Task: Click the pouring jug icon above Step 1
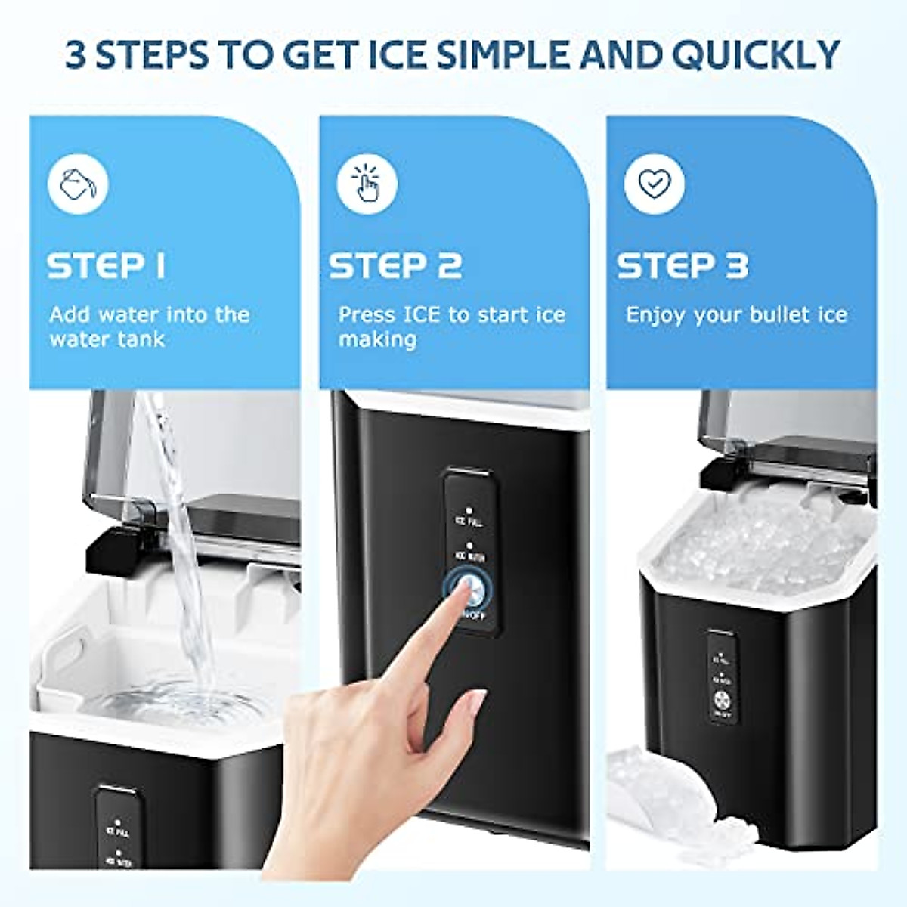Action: coord(79,184)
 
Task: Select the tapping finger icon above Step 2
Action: coord(367,184)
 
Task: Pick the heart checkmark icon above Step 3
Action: coord(654,184)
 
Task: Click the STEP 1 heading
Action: coord(106,266)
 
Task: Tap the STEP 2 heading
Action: coord(395,266)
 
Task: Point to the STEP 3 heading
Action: coord(683,266)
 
